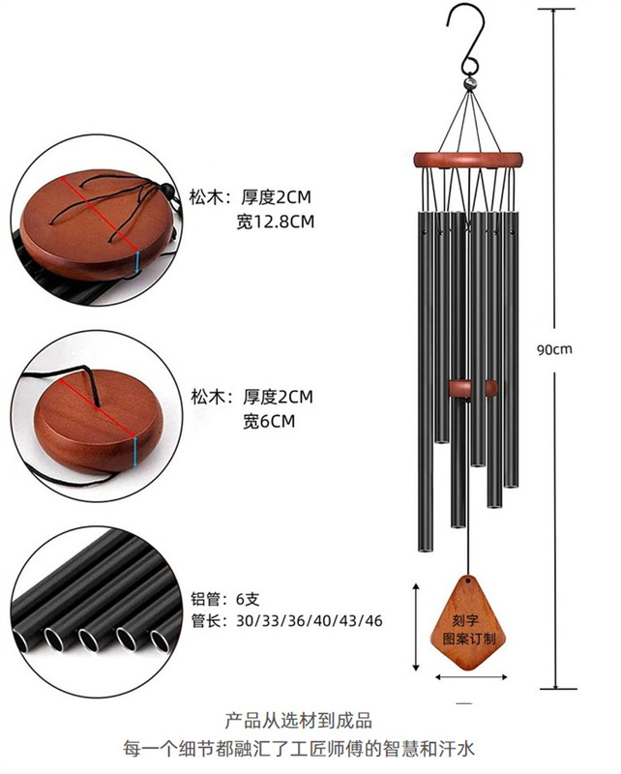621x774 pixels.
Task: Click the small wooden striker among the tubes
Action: [x=473, y=389]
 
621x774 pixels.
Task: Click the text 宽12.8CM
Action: [x=276, y=222]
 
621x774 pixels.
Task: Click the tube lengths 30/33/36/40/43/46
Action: [x=309, y=620]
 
